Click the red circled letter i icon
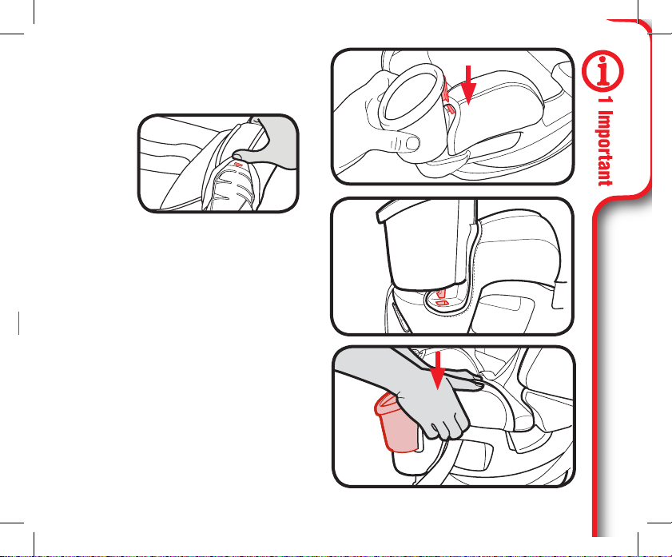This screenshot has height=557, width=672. (602, 70)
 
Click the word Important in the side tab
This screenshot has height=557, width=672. (605, 149)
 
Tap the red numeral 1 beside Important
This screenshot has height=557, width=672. (605, 101)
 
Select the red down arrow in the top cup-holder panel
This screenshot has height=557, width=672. (468, 85)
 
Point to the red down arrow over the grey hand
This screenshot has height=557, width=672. (438, 370)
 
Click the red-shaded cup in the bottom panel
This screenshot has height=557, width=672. (396, 423)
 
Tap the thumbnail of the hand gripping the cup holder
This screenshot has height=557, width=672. (218, 163)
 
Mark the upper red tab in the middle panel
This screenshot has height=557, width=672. (440, 294)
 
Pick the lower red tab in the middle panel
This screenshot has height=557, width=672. (442, 304)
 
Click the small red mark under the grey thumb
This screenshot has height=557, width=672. (239, 165)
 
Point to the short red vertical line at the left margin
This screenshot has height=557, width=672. (19, 323)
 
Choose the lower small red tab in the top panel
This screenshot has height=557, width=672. (450, 108)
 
